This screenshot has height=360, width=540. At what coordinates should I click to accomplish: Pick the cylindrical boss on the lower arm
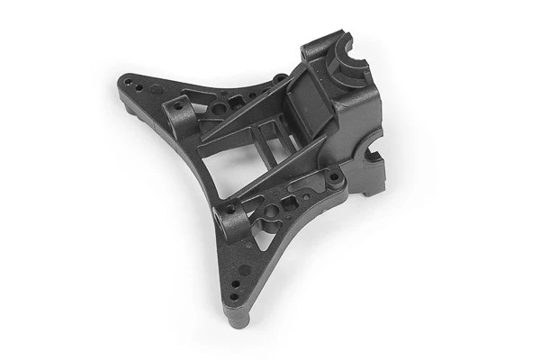(233, 217)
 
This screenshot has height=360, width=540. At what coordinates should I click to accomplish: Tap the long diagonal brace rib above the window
(247, 126)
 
